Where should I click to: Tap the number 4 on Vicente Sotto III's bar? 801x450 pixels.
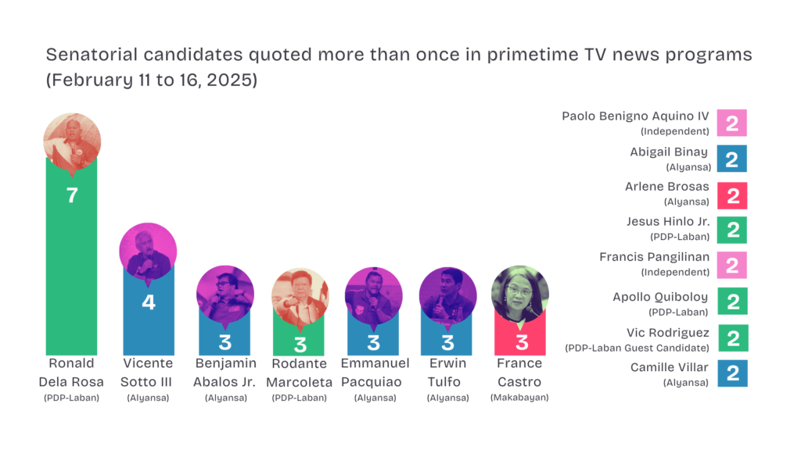coord(149,302)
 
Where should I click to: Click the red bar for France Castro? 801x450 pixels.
coord(520,337)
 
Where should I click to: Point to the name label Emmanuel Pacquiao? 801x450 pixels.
coord(375,373)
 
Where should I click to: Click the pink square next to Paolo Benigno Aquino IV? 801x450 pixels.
coord(731,123)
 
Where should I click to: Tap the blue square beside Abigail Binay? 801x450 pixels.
coord(731,159)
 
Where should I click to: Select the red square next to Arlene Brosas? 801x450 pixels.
coord(732,195)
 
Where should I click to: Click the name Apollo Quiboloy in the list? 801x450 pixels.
coord(660,298)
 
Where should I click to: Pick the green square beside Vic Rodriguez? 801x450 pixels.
coord(733,338)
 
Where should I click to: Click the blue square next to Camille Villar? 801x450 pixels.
coord(732,373)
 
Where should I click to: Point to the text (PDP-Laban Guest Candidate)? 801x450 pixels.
coord(637,348)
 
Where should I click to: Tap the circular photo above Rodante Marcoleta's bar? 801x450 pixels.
coord(300,297)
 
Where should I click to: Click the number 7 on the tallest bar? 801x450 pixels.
coord(72,195)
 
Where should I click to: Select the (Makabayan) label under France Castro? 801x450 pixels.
coord(519,398)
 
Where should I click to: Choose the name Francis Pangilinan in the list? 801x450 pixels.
coord(655,257)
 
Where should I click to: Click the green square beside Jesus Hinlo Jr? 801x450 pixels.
coord(732,230)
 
